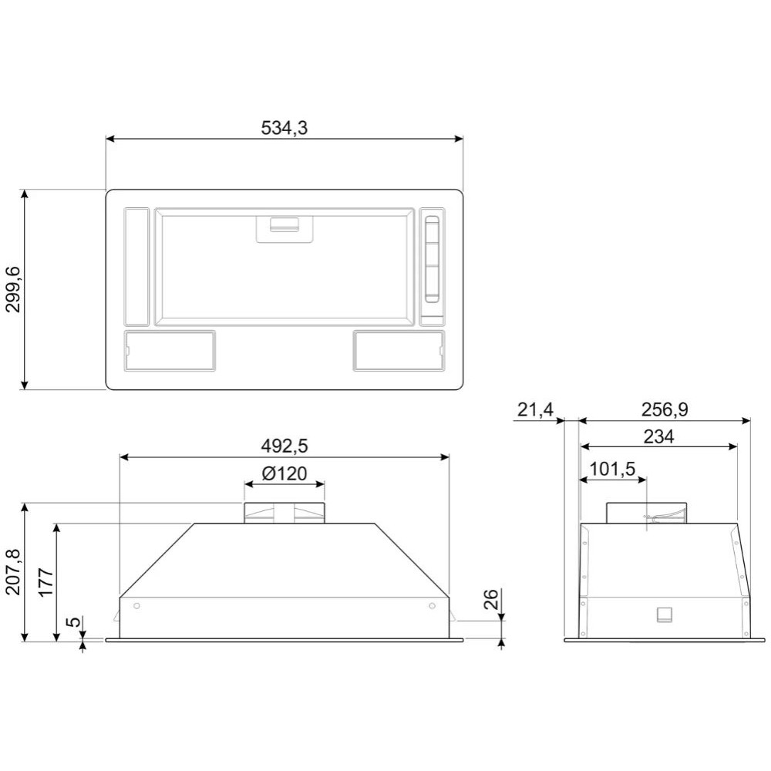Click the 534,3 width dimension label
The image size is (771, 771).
pyautogui.click(x=284, y=128)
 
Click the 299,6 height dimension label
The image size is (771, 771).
pyautogui.click(x=13, y=290)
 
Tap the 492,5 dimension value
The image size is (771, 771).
pyautogui.click(x=284, y=446)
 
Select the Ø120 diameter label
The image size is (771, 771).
pyautogui.click(x=284, y=473)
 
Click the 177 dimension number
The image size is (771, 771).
pyautogui.click(x=45, y=582)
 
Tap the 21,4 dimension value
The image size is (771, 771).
pyautogui.click(x=536, y=409)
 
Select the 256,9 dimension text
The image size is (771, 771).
pyautogui.click(x=665, y=409)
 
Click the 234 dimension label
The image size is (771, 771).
pyautogui.click(x=659, y=436)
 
